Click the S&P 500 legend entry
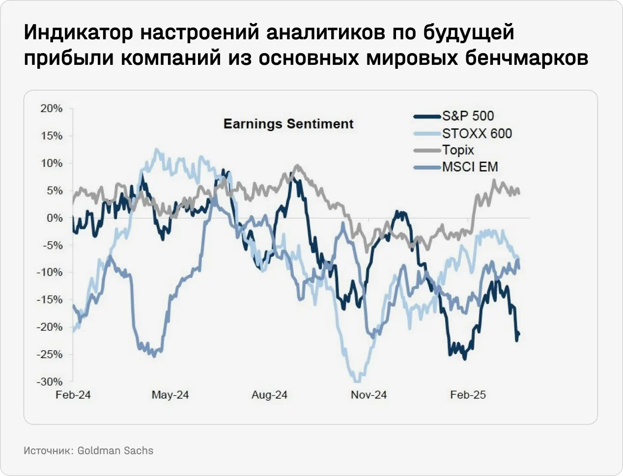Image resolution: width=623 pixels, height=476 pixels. point(467,116)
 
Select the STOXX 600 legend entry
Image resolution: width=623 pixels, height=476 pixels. point(476,134)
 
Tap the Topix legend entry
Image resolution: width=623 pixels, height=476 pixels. point(457,150)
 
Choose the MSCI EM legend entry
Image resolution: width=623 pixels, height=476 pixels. point(470,167)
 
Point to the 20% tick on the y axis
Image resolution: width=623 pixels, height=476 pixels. point(52,109)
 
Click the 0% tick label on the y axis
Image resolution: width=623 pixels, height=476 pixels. point(55,218)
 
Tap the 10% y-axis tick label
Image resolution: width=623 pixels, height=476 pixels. point(52,163)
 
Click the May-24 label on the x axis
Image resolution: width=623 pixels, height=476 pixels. point(170,395)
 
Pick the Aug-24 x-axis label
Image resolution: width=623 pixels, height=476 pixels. point(269,395)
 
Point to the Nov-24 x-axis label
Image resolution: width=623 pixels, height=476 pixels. point(368,395)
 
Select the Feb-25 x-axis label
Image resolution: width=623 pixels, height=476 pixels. point(468,395)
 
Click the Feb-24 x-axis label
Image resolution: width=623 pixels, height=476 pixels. point(73,395)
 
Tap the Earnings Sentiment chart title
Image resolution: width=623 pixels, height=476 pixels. point(288,124)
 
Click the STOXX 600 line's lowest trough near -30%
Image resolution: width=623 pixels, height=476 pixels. point(356,379)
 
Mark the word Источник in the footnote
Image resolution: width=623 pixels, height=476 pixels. point(48,450)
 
